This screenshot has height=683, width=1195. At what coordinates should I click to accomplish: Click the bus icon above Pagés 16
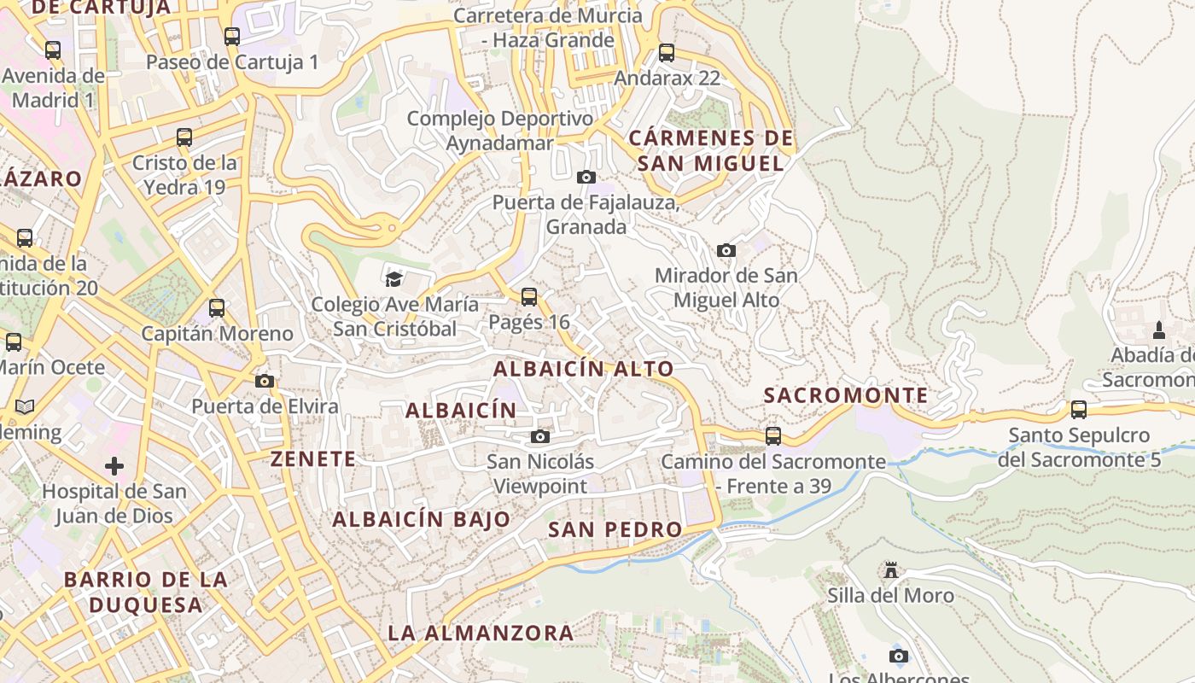point(529,297)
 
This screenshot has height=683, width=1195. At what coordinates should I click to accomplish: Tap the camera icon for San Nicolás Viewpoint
point(540,437)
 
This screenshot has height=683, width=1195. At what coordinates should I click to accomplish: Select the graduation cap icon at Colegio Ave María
point(393,278)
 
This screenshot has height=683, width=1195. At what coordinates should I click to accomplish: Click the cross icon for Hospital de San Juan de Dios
point(114,466)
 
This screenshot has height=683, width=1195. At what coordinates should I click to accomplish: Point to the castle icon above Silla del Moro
point(891,569)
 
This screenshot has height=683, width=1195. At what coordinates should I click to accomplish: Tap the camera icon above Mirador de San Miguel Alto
point(726,250)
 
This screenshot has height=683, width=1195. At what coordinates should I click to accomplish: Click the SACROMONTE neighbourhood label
point(846,395)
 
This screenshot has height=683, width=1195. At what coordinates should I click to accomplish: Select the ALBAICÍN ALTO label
point(584,369)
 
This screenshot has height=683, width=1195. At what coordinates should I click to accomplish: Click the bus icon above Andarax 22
point(667,53)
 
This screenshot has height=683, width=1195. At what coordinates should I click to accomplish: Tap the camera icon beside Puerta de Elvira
point(265,381)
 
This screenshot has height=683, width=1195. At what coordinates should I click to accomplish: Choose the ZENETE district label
point(313,458)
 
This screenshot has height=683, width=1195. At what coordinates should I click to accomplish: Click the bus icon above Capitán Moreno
point(217,308)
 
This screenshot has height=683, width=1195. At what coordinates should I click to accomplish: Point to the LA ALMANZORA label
point(481,633)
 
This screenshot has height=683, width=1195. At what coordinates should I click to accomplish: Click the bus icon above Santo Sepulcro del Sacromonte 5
point(1079,410)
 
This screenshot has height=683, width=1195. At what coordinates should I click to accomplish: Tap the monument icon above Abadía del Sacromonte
point(1159,330)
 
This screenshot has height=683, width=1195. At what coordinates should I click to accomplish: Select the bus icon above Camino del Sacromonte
point(773,436)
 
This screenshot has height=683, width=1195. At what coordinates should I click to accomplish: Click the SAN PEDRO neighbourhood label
point(615,529)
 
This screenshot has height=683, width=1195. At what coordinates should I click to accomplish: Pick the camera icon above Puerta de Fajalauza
point(586,177)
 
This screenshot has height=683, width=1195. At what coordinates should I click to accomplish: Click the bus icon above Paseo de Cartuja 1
point(232,37)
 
